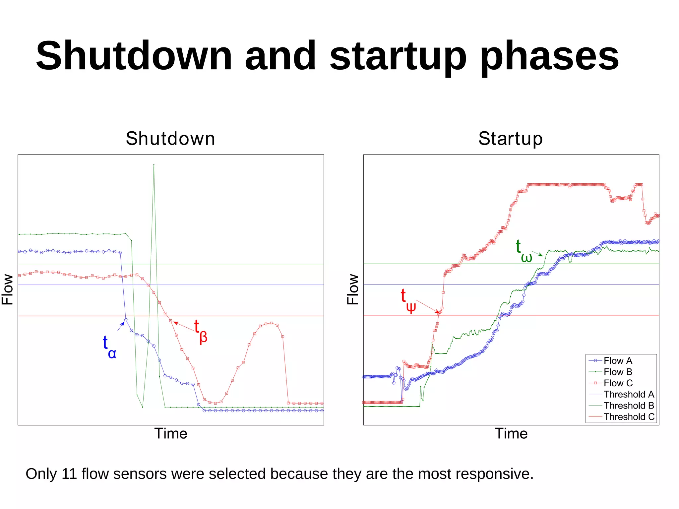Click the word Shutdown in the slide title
click(134, 56)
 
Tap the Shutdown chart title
click(170, 139)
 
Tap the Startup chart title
click(510, 139)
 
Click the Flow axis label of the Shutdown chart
click(7, 289)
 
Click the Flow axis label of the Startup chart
click(353, 289)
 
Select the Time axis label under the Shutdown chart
click(170, 433)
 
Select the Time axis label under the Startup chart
click(511, 433)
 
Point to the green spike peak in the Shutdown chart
click(154, 165)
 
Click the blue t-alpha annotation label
click(109, 347)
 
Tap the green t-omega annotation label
click(524, 251)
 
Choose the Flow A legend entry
click(617, 360)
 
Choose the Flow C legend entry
click(618, 383)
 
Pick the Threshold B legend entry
click(628, 405)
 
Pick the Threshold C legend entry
click(629, 416)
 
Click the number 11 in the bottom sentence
click(69, 474)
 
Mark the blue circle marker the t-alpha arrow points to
click(126, 320)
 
